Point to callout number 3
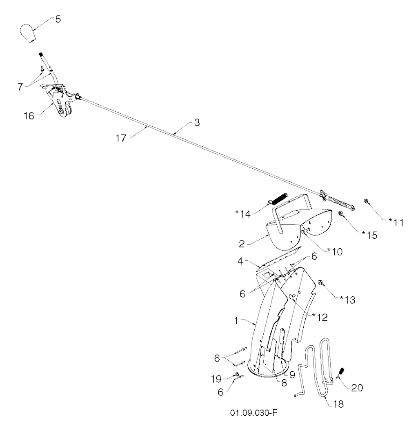click(x=197, y=123)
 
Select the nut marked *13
click(x=321, y=282)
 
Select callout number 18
click(x=338, y=404)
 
